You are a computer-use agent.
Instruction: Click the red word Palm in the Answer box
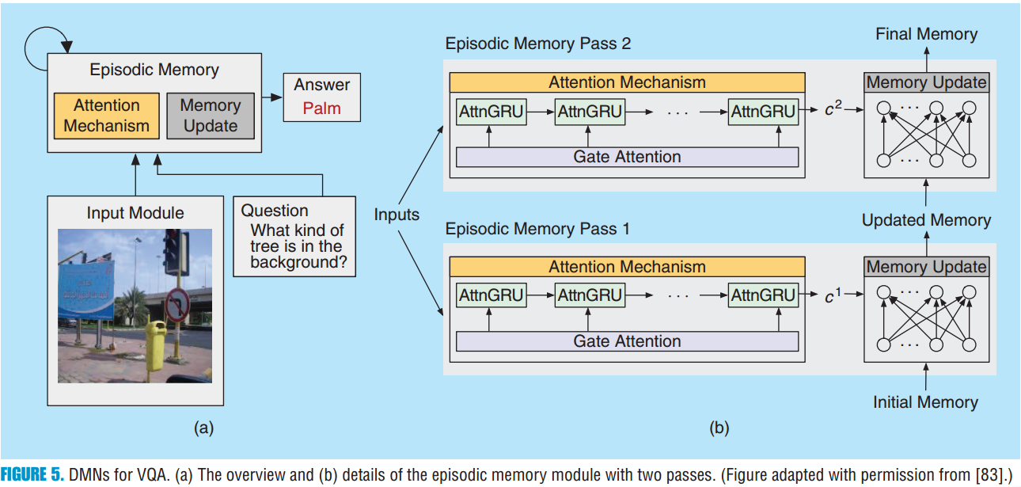(321, 108)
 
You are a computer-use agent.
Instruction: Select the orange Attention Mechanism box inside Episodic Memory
(106, 116)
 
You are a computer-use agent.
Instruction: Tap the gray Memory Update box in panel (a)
(210, 116)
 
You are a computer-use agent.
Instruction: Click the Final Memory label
(926, 34)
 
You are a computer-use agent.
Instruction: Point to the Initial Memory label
(925, 402)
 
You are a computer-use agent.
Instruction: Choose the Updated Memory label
(926, 220)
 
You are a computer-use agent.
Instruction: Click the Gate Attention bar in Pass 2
(627, 157)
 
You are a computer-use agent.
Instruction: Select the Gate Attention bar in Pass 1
(627, 341)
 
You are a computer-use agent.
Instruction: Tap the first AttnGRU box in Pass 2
(491, 112)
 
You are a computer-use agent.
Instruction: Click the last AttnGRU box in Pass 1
(763, 295)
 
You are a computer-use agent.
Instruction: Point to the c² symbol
(833, 110)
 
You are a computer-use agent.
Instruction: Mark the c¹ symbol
(833, 295)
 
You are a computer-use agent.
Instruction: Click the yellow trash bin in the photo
(155, 344)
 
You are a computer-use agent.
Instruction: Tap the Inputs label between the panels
(397, 215)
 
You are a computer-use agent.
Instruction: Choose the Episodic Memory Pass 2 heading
(537, 44)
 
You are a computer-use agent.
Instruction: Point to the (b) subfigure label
(719, 428)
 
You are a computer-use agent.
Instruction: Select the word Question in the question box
(274, 211)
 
